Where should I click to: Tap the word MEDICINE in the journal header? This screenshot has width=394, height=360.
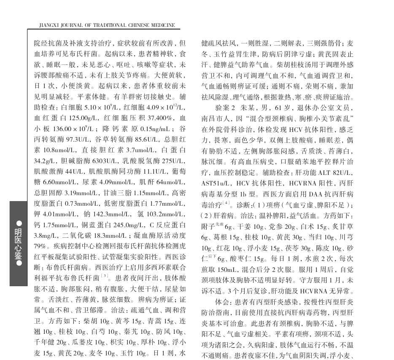[163, 25]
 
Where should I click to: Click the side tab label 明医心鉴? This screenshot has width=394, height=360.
[19, 243]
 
